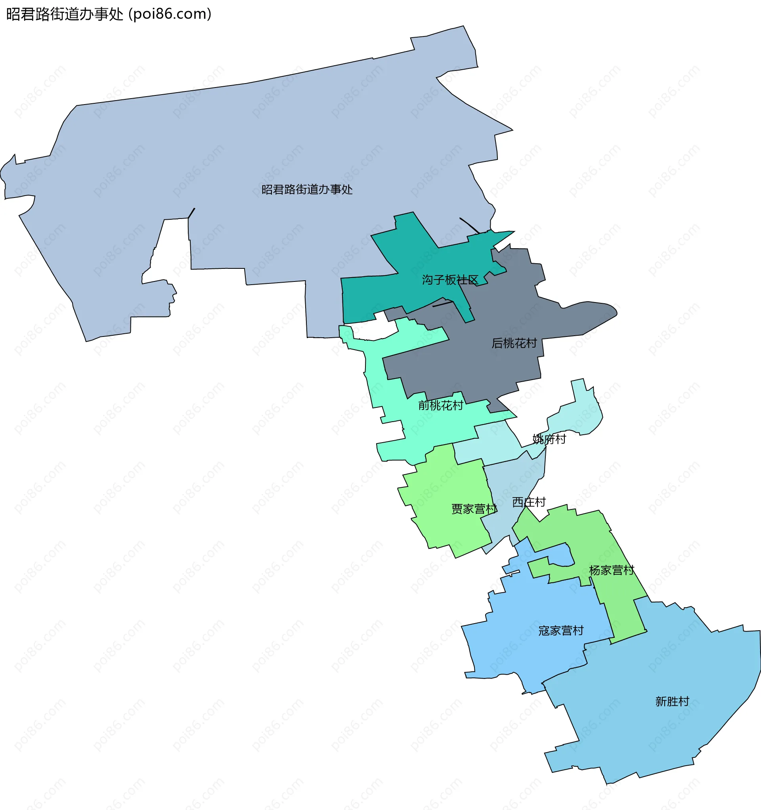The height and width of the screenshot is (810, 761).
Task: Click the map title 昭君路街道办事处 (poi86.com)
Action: point(109,14)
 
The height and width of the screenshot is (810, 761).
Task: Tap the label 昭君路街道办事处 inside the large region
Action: point(307,190)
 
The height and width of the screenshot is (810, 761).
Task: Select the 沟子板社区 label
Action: point(450,280)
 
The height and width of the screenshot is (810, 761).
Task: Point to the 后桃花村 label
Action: point(514,343)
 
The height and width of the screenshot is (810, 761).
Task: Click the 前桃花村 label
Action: point(440,405)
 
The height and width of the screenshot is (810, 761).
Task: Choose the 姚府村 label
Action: point(549,439)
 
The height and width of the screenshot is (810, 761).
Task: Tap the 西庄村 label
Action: point(529,502)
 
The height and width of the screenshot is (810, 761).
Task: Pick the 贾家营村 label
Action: point(474,509)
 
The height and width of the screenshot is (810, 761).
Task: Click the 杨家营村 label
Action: point(611,570)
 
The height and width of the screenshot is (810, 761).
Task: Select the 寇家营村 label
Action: point(561,631)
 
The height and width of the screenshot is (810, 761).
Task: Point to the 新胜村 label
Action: point(672,701)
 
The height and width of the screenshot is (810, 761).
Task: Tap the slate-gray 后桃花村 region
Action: point(489,367)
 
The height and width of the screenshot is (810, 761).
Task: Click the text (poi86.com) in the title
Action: point(170,14)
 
